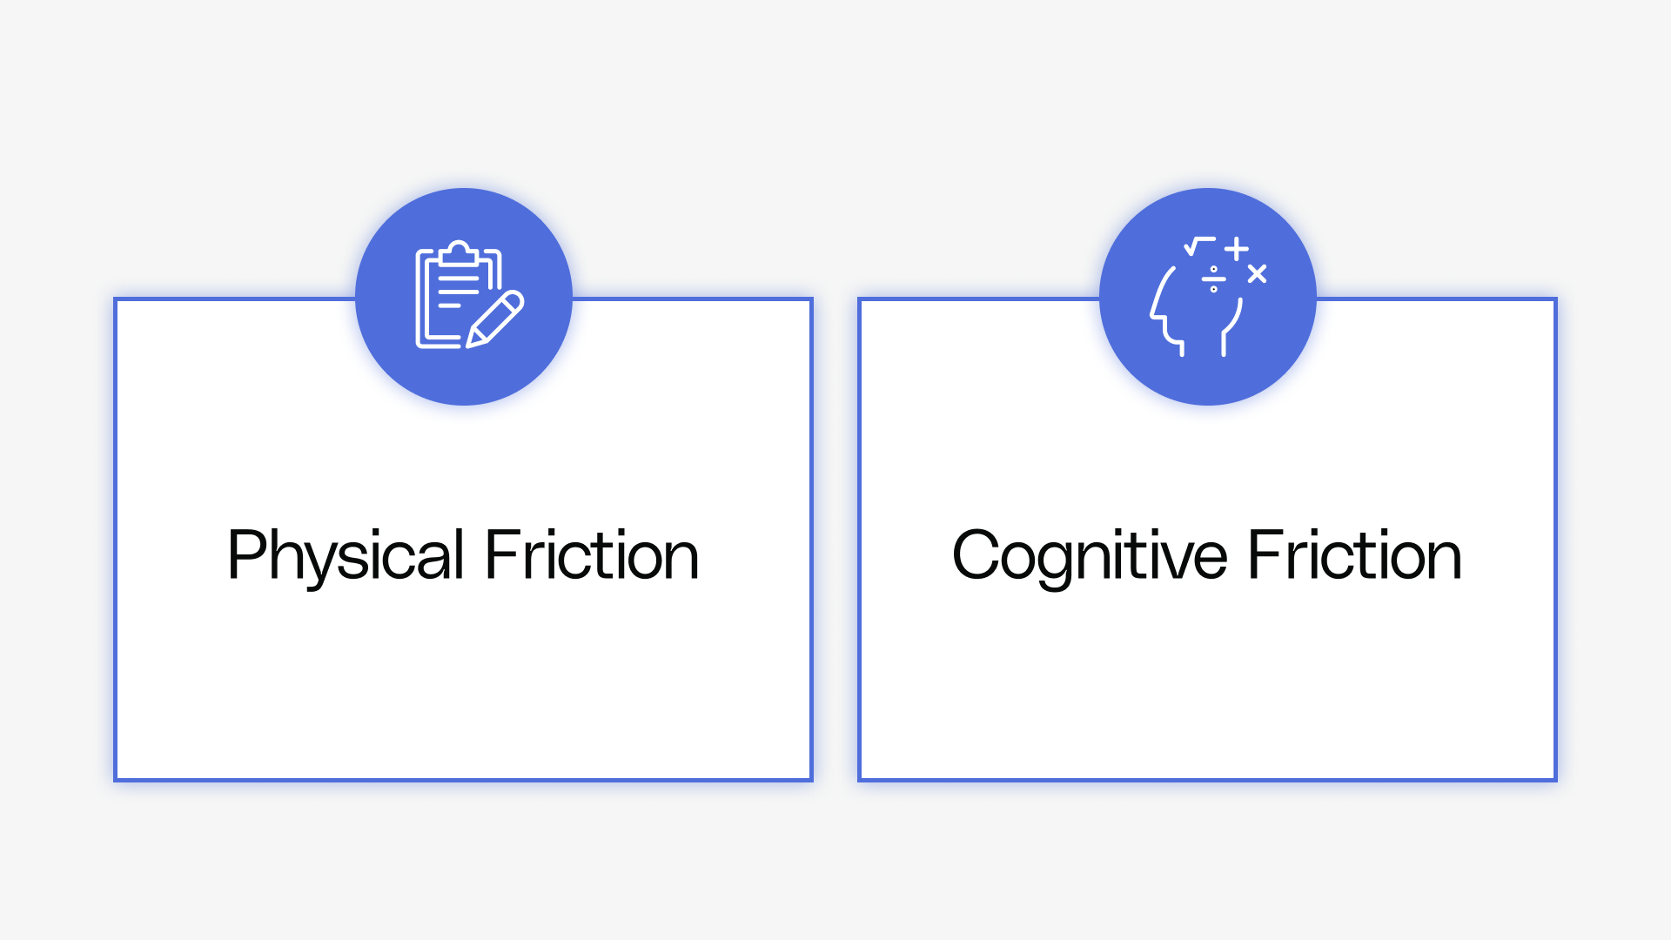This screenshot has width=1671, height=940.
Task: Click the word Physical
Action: pyautogui.click(x=346, y=555)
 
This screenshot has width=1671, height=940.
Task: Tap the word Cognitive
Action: pyautogui.click(x=1090, y=555)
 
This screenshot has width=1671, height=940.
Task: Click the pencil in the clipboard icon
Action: pyautogui.click(x=495, y=319)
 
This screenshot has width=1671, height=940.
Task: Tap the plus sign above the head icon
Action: pyautogui.click(x=1237, y=249)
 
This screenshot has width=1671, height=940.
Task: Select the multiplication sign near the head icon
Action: pyautogui.click(x=1257, y=274)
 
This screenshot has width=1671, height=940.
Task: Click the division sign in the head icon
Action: pyautogui.click(x=1213, y=279)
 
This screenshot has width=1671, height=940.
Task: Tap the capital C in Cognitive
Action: pyautogui.click(x=976, y=554)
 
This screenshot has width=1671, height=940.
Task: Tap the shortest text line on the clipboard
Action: pyautogui.click(x=449, y=305)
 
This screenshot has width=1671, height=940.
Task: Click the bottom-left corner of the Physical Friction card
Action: pyautogui.click(x=116, y=780)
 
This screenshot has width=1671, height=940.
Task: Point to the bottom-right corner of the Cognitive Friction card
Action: pyautogui.click(x=1555, y=780)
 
